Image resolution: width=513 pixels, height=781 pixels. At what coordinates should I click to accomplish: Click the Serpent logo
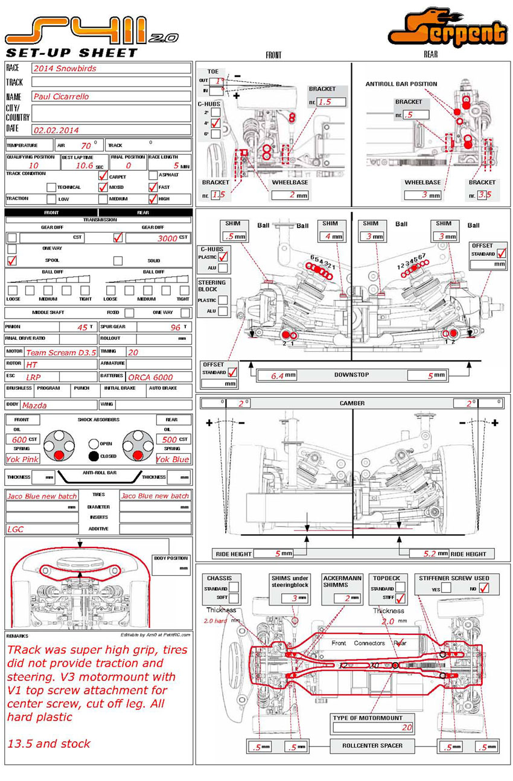click(x=447, y=29)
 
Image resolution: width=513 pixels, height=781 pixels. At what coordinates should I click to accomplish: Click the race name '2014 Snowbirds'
click(x=65, y=68)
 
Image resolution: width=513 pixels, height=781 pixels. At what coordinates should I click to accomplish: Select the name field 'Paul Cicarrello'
click(x=60, y=97)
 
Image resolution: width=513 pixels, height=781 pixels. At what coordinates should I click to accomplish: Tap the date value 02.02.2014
click(x=56, y=130)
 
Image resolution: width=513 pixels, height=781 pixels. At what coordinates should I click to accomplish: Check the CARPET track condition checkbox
click(x=103, y=176)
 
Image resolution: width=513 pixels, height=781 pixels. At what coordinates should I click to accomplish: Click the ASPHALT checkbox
click(x=153, y=176)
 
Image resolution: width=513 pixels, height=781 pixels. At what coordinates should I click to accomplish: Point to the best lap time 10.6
click(x=84, y=165)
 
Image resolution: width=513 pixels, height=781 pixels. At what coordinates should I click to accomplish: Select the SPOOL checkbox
click(x=11, y=261)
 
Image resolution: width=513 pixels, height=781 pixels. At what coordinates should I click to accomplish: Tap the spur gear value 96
click(x=175, y=327)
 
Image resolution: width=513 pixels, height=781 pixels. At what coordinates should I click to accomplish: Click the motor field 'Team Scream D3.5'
click(x=61, y=352)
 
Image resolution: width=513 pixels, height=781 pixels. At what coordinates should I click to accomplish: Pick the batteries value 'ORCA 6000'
click(x=151, y=377)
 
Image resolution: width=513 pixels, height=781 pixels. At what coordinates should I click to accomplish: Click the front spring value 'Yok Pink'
click(x=22, y=459)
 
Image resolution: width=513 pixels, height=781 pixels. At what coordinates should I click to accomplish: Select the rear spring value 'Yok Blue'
click(x=173, y=459)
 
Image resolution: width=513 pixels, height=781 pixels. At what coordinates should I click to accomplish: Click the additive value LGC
click(x=16, y=529)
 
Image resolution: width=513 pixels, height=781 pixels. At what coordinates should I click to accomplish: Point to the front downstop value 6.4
click(x=277, y=375)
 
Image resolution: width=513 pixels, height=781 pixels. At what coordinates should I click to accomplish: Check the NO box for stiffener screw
click(x=483, y=588)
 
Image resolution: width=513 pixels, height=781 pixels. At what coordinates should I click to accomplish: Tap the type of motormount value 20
click(x=407, y=728)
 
